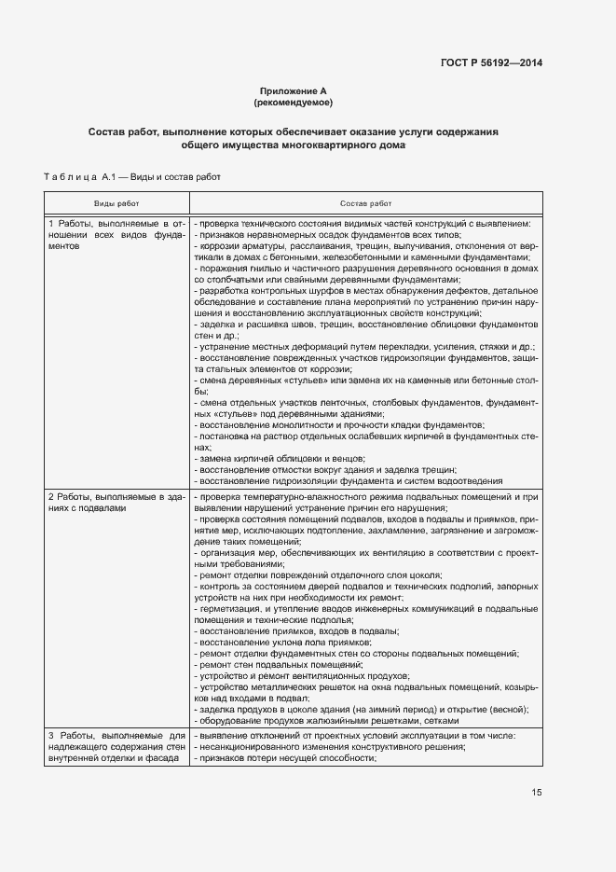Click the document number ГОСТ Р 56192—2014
click(x=491, y=62)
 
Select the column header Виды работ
click(x=116, y=202)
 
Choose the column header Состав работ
click(x=365, y=202)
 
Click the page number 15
click(x=537, y=793)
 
